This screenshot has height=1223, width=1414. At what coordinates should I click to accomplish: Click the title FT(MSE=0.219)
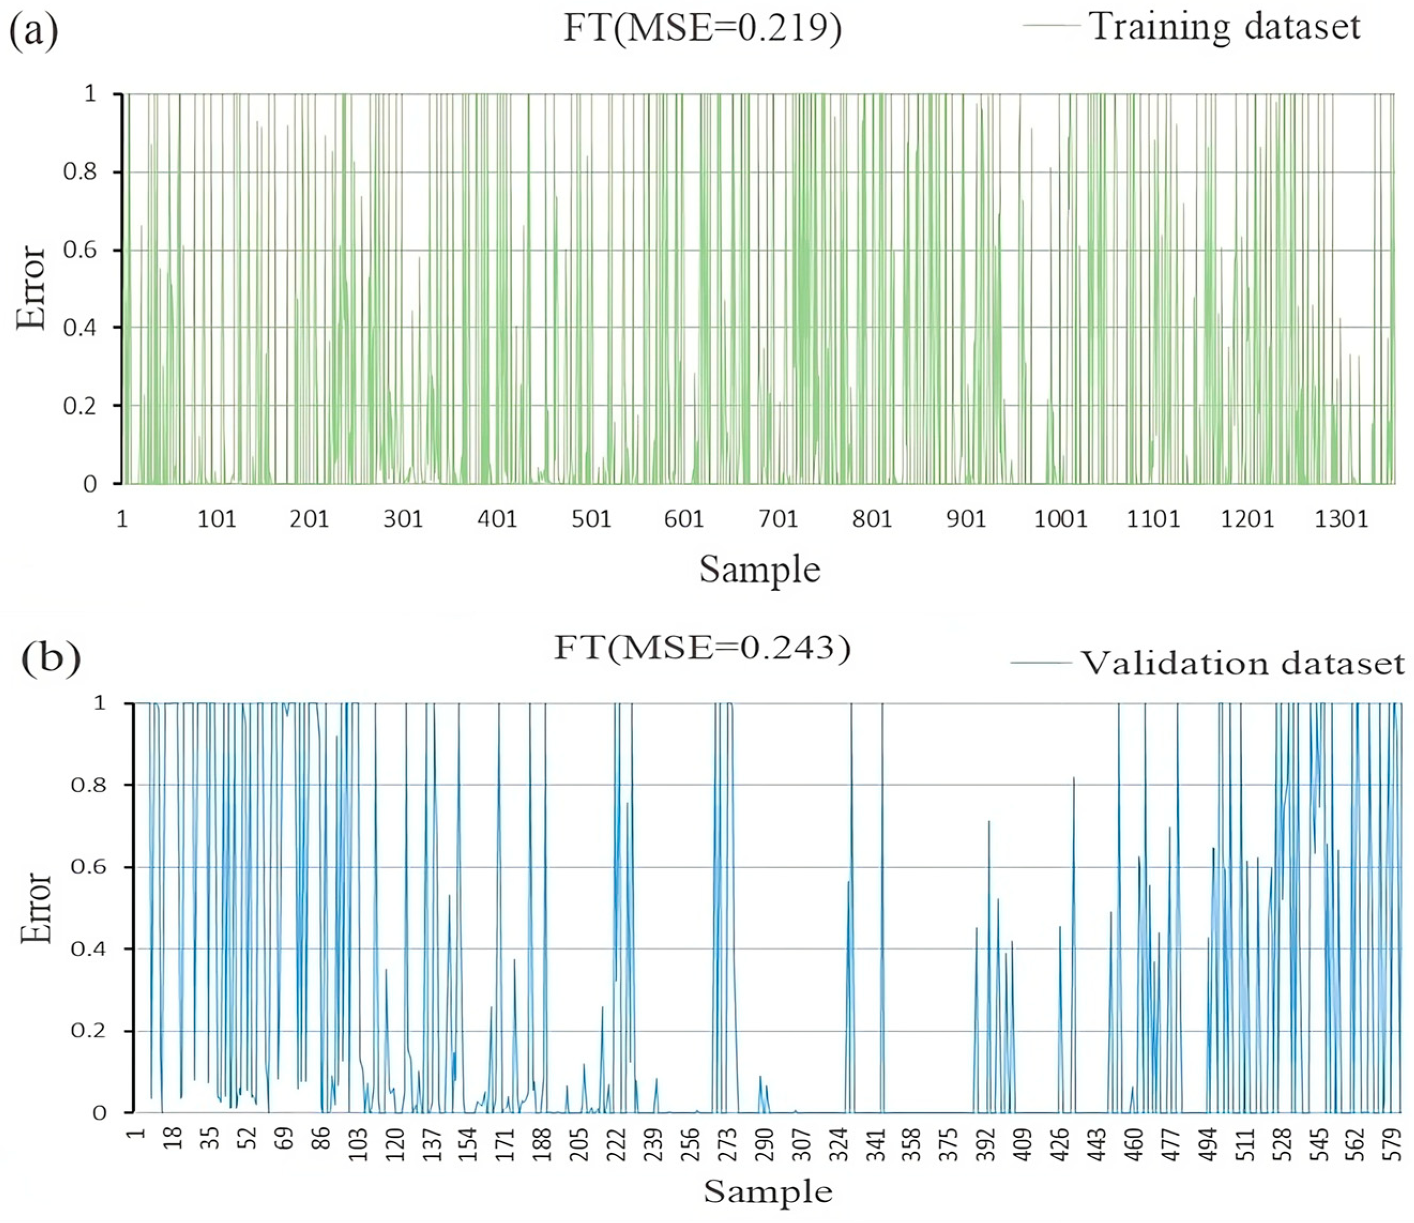click(702, 29)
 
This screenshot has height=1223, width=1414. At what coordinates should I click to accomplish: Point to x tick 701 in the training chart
click(778, 519)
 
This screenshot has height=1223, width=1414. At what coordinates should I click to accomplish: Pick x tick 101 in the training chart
click(216, 519)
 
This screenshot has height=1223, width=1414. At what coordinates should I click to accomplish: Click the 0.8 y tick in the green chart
click(81, 172)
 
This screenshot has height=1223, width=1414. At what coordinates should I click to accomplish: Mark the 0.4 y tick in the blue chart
click(89, 949)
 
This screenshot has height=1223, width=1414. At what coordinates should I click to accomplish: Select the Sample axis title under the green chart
click(759, 569)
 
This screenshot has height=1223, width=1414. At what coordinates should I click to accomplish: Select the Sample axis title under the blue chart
click(768, 1191)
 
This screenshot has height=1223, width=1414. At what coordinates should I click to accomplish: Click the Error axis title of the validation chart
click(35, 908)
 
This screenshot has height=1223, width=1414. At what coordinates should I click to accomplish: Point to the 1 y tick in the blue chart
click(100, 703)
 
